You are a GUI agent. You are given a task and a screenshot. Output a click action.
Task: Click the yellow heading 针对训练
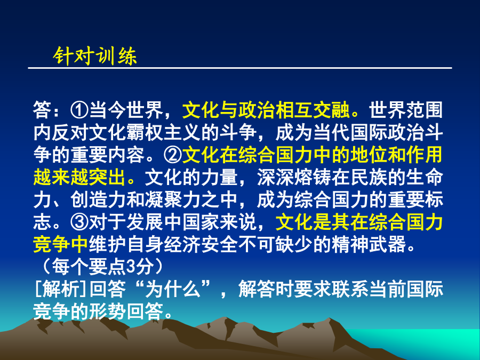[95, 56]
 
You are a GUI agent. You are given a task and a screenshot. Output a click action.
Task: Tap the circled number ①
[79, 110]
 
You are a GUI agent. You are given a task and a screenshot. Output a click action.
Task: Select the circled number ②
[173, 155]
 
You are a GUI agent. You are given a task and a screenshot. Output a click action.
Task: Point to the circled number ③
[79, 222]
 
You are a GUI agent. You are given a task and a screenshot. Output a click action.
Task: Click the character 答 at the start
[42, 110]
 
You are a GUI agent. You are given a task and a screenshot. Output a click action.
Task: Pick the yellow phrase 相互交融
[313, 110]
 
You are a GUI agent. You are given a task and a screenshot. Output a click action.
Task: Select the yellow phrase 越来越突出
[79, 177]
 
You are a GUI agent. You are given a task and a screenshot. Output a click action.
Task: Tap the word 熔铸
[313, 177]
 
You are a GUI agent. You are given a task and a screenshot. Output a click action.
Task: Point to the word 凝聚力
[173, 199]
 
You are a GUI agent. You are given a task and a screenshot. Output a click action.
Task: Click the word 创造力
[98, 199]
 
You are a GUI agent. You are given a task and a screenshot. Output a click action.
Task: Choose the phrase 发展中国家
[173, 222]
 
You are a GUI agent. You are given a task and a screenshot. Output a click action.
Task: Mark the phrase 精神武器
[369, 244]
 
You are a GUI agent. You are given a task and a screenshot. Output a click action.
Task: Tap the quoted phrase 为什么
[173, 289]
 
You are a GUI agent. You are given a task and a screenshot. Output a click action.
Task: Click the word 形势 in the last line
[107, 311]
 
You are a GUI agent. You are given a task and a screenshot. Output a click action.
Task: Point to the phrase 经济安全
[201, 244]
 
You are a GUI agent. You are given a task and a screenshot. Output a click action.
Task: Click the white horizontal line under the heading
[240, 68]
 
